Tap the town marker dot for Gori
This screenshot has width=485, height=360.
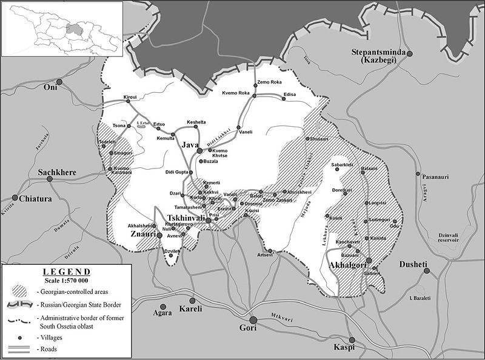coord(253,319)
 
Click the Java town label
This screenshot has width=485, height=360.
coord(189,145)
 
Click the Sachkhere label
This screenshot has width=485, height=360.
coord(58,172)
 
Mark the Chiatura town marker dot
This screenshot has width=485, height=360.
coord(15,198)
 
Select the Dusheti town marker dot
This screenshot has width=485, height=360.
coord(427,271)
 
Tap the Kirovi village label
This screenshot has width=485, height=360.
coord(130,98)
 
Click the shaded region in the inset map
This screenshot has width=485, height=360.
coord(75,28)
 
